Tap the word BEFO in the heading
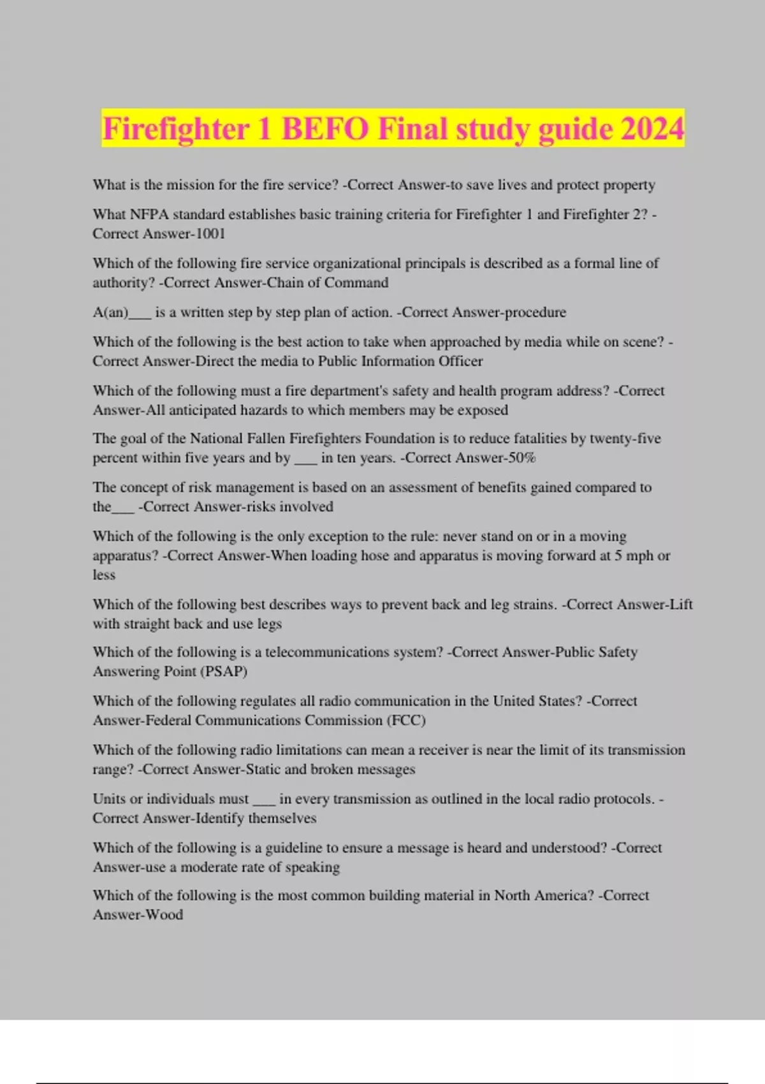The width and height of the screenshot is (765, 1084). tap(325, 129)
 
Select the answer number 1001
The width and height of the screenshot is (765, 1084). tap(210, 234)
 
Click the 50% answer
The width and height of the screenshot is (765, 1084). tap(520, 458)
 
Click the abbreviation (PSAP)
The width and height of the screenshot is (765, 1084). tap(223, 671)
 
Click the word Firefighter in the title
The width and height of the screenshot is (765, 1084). tap(175, 129)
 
